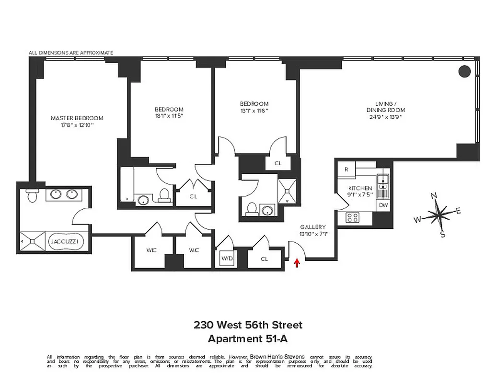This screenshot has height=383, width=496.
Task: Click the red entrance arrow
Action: click(297, 262)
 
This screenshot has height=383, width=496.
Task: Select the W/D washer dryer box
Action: click(226, 259)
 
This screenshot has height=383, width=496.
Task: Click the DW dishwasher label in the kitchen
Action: click(383, 205)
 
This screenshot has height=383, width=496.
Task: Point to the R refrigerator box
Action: click(346, 169)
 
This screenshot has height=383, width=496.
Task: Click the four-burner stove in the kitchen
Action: click(353, 218)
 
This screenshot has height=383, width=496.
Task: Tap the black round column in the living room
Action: click(464, 71)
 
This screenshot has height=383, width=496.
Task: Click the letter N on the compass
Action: click(434, 195)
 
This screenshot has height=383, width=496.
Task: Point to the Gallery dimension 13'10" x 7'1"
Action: click(313, 234)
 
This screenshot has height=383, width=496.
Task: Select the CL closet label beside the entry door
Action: click(265, 259)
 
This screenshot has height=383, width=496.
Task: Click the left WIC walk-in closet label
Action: click(151, 250)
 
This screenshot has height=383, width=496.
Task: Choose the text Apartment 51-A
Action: click(248, 338)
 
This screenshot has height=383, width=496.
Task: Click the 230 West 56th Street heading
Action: click(248, 325)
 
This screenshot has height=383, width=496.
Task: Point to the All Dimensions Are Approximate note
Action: click(70, 53)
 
